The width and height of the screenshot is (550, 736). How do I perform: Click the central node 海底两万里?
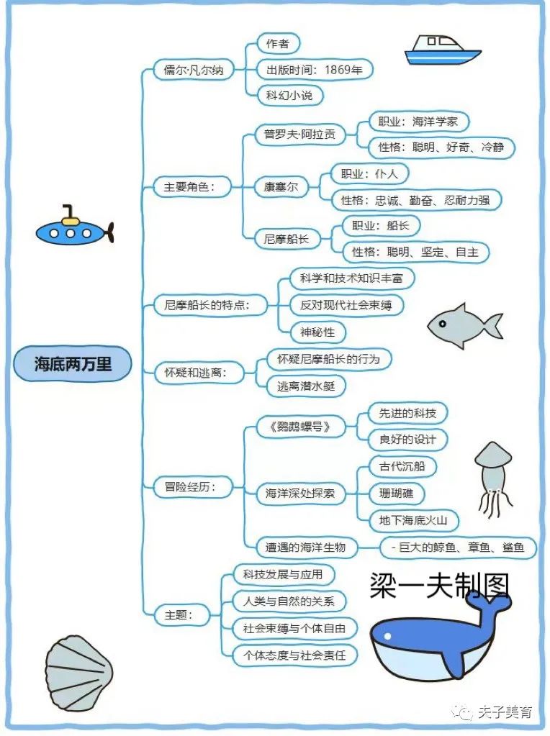[x=73, y=364]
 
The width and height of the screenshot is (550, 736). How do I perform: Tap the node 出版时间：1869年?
[x=315, y=70]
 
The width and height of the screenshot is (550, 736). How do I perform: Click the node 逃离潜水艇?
[x=305, y=386]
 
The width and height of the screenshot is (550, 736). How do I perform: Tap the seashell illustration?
[x=78, y=673]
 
